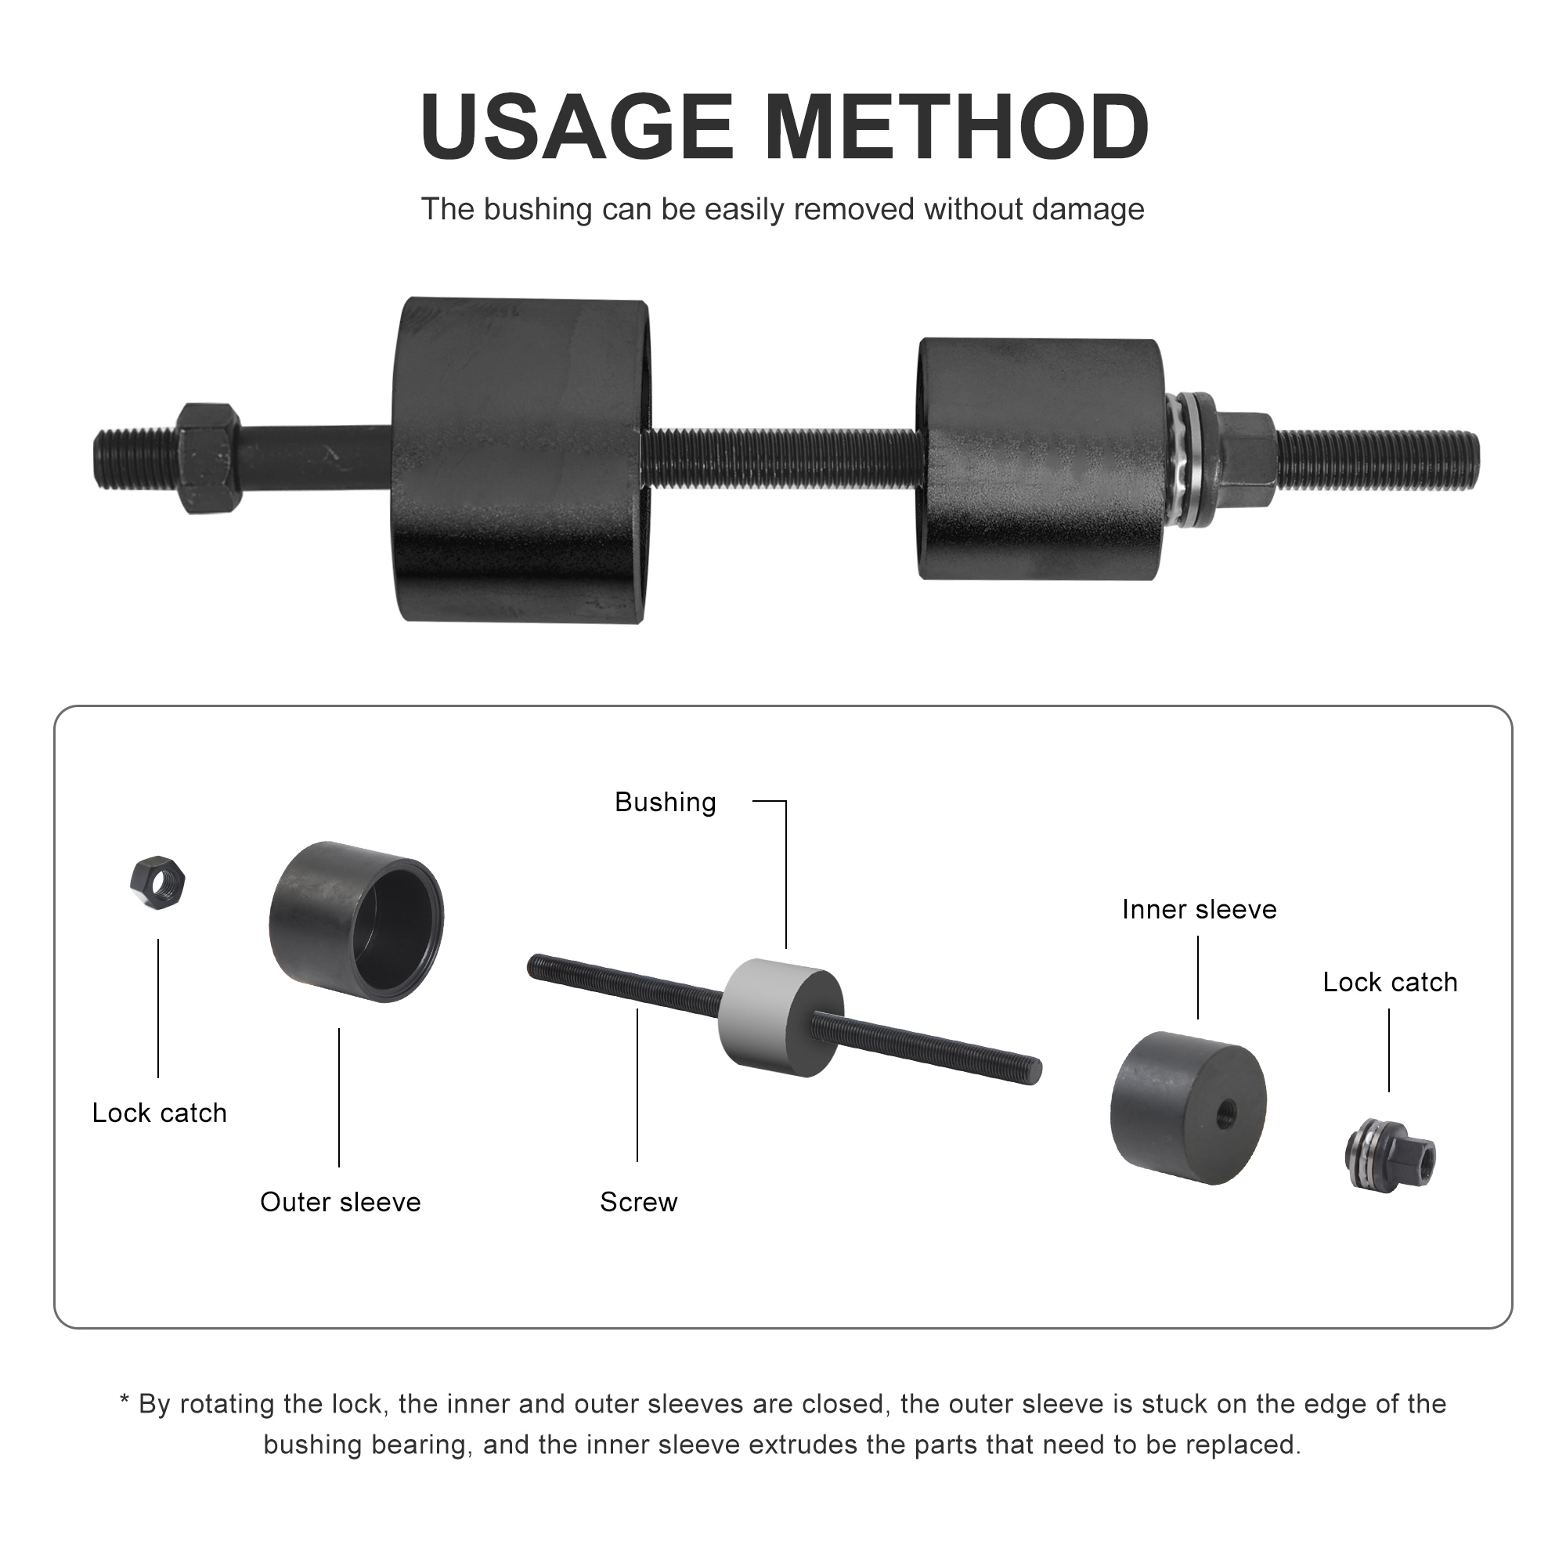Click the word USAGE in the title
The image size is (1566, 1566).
576,128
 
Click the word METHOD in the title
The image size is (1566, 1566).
957,128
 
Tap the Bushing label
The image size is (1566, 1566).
665,802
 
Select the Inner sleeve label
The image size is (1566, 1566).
1198,909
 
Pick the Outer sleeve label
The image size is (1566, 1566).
341,1201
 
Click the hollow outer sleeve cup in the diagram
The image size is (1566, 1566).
355,922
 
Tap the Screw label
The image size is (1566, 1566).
638,1201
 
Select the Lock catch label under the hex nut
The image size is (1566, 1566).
159,1113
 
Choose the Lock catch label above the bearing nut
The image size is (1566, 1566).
1389,983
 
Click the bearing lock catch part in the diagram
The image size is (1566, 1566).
1389,1153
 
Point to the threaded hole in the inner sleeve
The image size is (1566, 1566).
1225,1114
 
